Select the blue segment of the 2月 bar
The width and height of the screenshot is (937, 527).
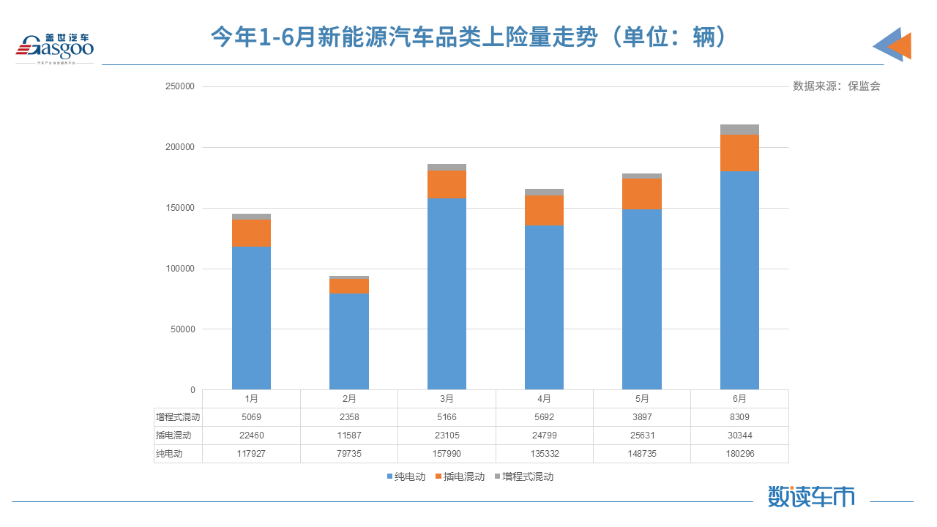(349, 340)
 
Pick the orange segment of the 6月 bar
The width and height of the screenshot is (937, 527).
(739, 152)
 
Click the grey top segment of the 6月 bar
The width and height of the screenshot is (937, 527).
(739, 130)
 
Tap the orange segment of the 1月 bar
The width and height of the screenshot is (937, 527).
(251, 233)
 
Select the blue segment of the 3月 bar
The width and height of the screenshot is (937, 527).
(447, 293)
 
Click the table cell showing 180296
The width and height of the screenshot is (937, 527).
(739, 454)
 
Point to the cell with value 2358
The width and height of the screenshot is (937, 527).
(349, 417)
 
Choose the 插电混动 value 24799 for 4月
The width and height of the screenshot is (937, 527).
(544, 436)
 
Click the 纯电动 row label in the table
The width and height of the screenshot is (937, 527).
(169, 454)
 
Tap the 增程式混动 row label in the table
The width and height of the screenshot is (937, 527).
(178, 417)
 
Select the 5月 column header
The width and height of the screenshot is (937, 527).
(642, 399)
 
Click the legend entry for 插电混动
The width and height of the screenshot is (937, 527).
(460, 476)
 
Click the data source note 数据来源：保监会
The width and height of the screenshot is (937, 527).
(836, 86)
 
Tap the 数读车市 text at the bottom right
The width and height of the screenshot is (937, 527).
(811, 497)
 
